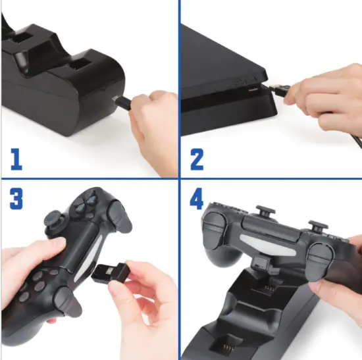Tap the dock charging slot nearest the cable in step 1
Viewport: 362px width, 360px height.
click(79, 66)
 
